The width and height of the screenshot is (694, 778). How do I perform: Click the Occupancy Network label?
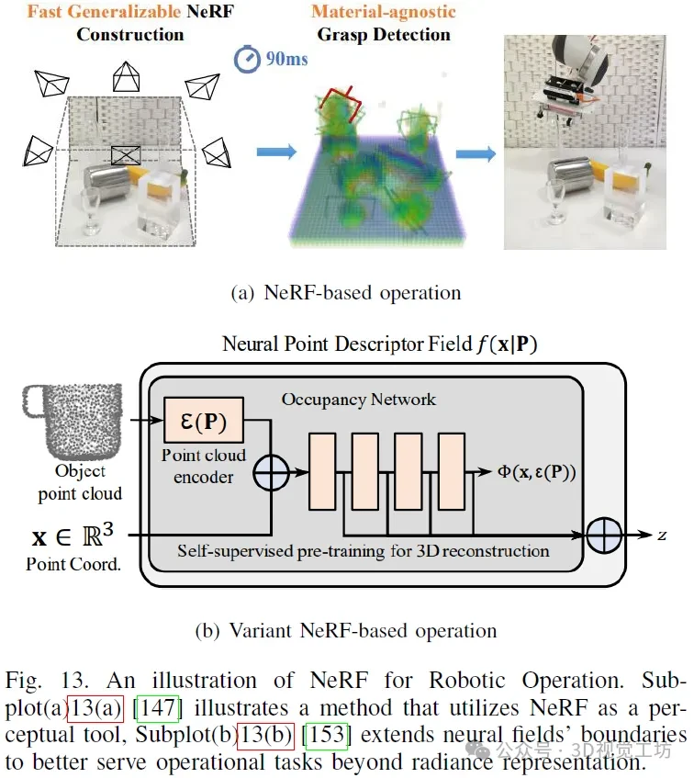(x=357, y=400)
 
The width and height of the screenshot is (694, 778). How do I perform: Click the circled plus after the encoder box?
(x=272, y=478)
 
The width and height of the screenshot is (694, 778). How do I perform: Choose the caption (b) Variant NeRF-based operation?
(x=346, y=630)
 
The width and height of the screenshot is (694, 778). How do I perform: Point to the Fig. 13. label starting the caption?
(x=48, y=682)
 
